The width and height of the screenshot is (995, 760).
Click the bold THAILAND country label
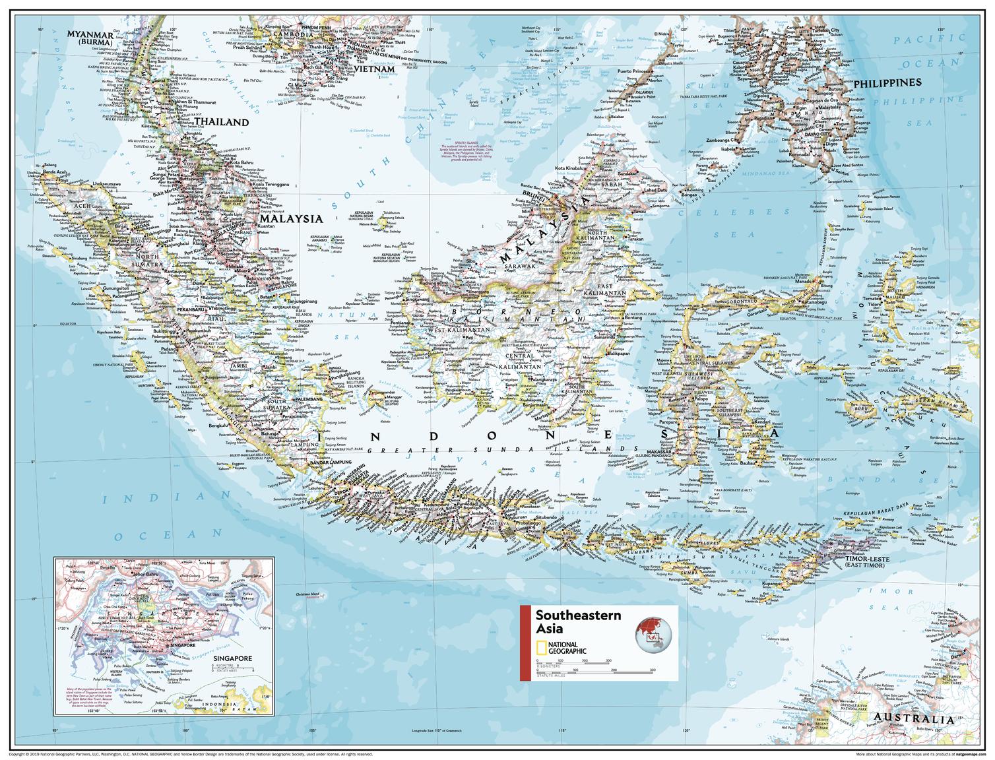tap(221, 122)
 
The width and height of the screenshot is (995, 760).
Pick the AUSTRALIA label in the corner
tap(912, 720)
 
